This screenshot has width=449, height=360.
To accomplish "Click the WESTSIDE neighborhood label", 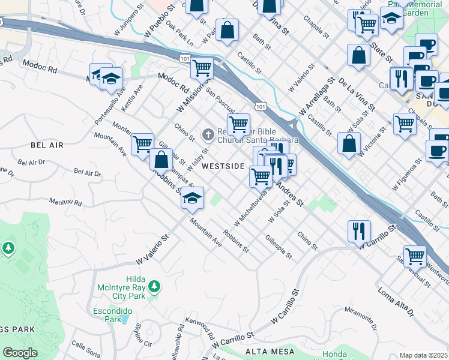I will point(223,166).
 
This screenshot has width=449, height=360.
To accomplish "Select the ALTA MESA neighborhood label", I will point(270,351).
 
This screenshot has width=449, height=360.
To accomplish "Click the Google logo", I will point(20,353).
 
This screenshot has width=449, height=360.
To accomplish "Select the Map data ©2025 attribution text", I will point(424,355).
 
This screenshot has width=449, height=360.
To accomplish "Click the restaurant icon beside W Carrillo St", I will point(359,231).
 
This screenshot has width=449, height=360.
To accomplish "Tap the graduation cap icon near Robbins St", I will point(191,199).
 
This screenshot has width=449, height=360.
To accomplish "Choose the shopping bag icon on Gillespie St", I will point(161,161).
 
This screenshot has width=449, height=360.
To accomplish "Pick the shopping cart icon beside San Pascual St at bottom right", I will point(415,256).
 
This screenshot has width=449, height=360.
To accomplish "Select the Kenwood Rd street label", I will point(200,328).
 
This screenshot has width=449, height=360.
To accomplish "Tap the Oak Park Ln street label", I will point(179,35).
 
